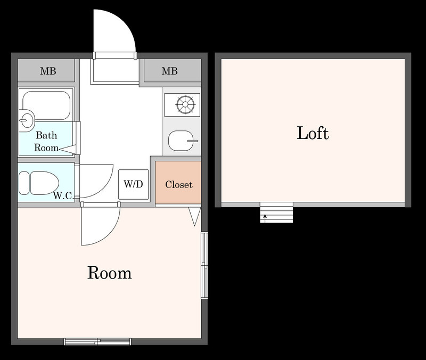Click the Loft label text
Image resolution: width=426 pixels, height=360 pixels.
[313, 133]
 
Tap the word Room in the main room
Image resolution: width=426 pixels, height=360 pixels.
[110, 273]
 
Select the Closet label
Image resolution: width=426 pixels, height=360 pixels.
[179, 184]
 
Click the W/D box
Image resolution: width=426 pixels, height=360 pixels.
[134, 184]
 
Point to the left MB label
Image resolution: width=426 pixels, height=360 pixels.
[48, 71]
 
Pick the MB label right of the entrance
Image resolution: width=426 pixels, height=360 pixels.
[169, 71]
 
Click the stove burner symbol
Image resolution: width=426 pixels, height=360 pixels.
[185, 104]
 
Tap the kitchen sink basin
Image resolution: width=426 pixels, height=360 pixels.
[181, 141]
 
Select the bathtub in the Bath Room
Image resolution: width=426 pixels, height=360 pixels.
[46, 105]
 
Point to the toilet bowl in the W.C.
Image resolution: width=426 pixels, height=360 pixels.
[44, 183]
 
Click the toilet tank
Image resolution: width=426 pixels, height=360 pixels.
[24, 183]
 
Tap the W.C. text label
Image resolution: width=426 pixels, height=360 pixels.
[63, 195]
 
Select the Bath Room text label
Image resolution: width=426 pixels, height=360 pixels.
[46, 141]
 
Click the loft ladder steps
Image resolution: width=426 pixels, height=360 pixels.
[276, 212]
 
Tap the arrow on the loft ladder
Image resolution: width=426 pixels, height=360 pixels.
[265, 218]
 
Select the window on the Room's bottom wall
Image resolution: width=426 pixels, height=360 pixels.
[97, 341]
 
